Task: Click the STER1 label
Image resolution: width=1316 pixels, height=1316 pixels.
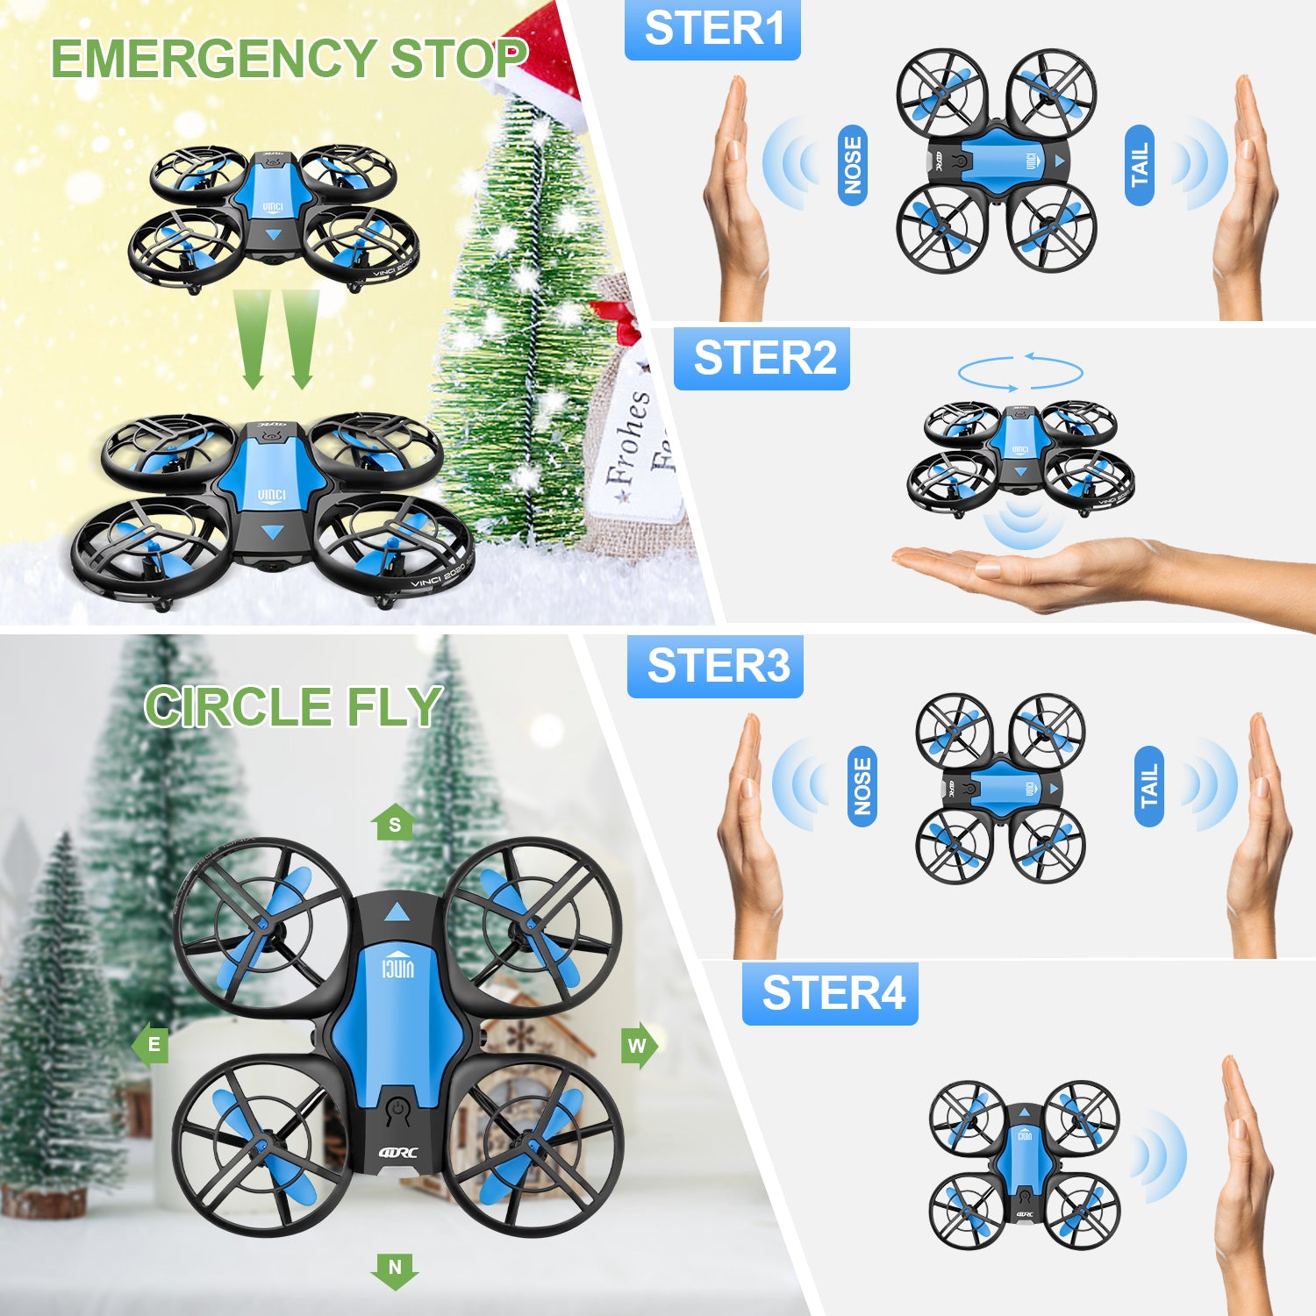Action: [x=712, y=30]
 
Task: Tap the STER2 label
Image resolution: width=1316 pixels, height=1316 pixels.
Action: [x=762, y=358]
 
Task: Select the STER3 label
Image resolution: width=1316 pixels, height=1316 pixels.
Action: [x=715, y=666]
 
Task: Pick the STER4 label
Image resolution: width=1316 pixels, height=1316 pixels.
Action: [x=830, y=993]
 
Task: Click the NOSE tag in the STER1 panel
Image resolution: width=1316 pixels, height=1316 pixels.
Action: [x=853, y=165]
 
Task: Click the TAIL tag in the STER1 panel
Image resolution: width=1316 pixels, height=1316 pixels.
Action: [x=1139, y=165]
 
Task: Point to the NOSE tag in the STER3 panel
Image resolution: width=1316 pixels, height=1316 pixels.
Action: [x=862, y=786]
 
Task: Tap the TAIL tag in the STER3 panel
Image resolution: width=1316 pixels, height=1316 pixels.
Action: [x=1148, y=786]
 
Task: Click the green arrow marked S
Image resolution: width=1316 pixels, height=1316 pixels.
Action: [x=394, y=822]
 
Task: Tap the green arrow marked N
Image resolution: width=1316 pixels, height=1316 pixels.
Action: [x=395, y=1270]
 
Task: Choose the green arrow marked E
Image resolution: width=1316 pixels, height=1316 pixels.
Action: [x=151, y=1044]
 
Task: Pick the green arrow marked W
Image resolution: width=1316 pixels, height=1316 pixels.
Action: [x=639, y=1045]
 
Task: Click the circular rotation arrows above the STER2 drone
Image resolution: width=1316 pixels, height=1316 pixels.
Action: [x=1019, y=372]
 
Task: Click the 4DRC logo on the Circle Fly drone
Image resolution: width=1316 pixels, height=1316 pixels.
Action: [x=398, y=1153]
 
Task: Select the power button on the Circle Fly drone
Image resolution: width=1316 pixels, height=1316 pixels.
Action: [x=398, y=1110]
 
